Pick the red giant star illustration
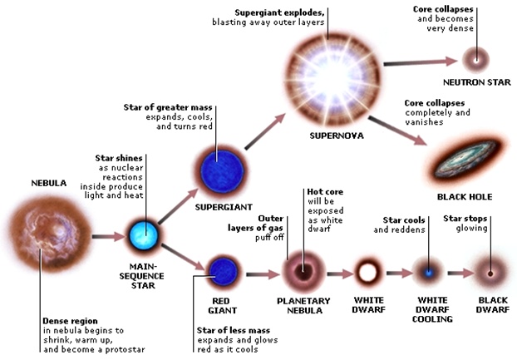tap(224, 270)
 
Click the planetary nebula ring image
tap(303, 271)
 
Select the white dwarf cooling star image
tap(428, 272)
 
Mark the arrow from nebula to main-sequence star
tap(107, 237)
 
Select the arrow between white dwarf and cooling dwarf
tap(397, 272)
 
